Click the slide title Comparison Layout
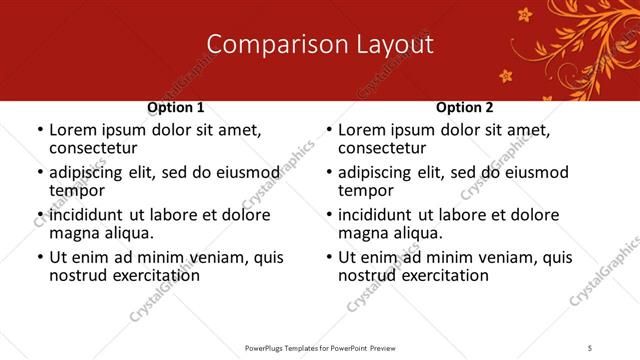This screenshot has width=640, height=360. pos(320,44)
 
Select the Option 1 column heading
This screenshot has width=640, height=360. pos(176,107)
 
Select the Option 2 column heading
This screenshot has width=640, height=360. pos(465,107)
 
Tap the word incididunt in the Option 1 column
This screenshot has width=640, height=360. pos(91,215)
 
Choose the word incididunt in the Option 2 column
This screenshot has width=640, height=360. pos(380,215)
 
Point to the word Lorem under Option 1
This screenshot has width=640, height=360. pos(73,130)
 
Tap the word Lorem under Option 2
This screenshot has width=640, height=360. pos(362,130)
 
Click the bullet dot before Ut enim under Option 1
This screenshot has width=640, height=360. pos(40,257)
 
